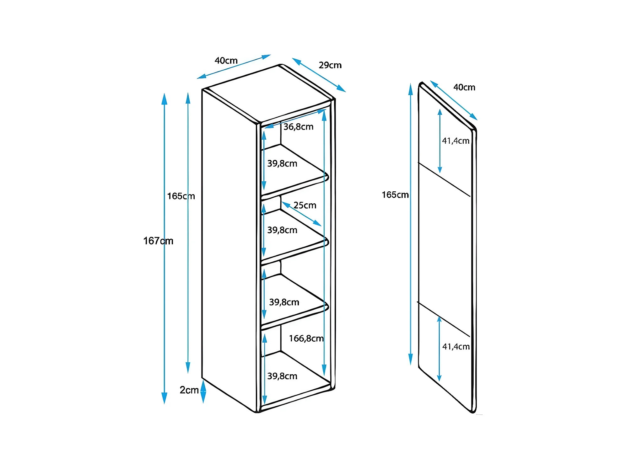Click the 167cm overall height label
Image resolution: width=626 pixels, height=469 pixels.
pyautogui.click(x=158, y=241)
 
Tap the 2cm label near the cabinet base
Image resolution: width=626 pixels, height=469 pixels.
pyautogui.click(x=189, y=390)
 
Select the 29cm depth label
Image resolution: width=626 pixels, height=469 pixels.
pyautogui.click(x=330, y=65)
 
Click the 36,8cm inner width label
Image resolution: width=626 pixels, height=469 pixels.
pyautogui.click(x=298, y=127)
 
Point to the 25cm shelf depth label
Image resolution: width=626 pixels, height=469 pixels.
pyautogui.click(x=305, y=205)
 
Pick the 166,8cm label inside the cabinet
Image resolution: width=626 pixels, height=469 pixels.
pyautogui.click(x=306, y=338)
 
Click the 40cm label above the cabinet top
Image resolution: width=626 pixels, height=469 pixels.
pyautogui.click(x=226, y=61)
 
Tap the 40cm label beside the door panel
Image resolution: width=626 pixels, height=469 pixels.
pyautogui.click(x=464, y=87)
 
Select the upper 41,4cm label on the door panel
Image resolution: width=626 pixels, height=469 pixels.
pyautogui.click(x=456, y=141)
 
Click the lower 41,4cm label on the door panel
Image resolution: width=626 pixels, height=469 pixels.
pyautogui.click(x=456, y=347)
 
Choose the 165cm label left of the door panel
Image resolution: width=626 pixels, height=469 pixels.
pyautogui.click(x=395, y=195)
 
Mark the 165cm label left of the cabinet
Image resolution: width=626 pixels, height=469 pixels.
pyautogui.click(x=181, y=196)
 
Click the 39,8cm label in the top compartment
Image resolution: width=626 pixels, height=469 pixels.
pyautogui.click(x=282, y=163)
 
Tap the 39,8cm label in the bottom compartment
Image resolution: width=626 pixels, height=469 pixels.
pyautogui.click(x=282, y=376)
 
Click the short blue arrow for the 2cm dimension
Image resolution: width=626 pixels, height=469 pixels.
pyautogui.click(x=203, y=392)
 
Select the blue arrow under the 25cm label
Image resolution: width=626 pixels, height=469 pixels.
pyautogui.click(x=302, y=214)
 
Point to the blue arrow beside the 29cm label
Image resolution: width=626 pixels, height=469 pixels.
pyautogui.click(x=319, y=75)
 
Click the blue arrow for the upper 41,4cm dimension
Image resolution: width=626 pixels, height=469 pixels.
pyautogui.click(x=440, y=141)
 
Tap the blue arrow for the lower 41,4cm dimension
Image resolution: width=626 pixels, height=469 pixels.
pyautogui.click(x=439, y=349)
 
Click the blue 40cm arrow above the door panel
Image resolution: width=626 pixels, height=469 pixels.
pyautogui.click(x=454, y=100)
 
